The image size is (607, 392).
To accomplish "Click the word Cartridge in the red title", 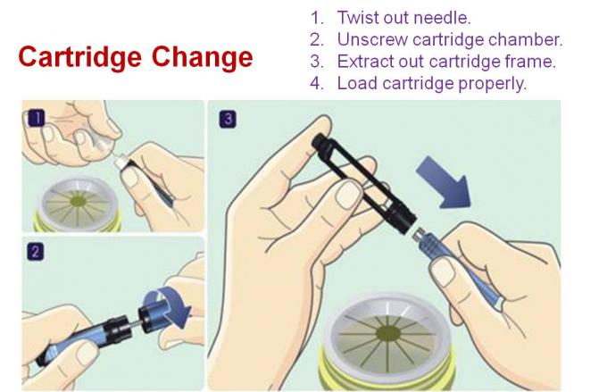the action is coord(79,58).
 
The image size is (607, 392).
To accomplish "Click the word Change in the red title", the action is coord(202,57).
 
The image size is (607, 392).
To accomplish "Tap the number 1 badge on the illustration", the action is coord(37,118).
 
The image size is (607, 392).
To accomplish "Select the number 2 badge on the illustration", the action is coord(35,252).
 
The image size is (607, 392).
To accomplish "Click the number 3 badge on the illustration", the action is coord(228,120).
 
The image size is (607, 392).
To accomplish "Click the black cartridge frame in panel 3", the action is coord(364,182).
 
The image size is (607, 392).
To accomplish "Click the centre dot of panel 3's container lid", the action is coord(388,333).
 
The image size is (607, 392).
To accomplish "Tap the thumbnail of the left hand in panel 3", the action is coord(349,196).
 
